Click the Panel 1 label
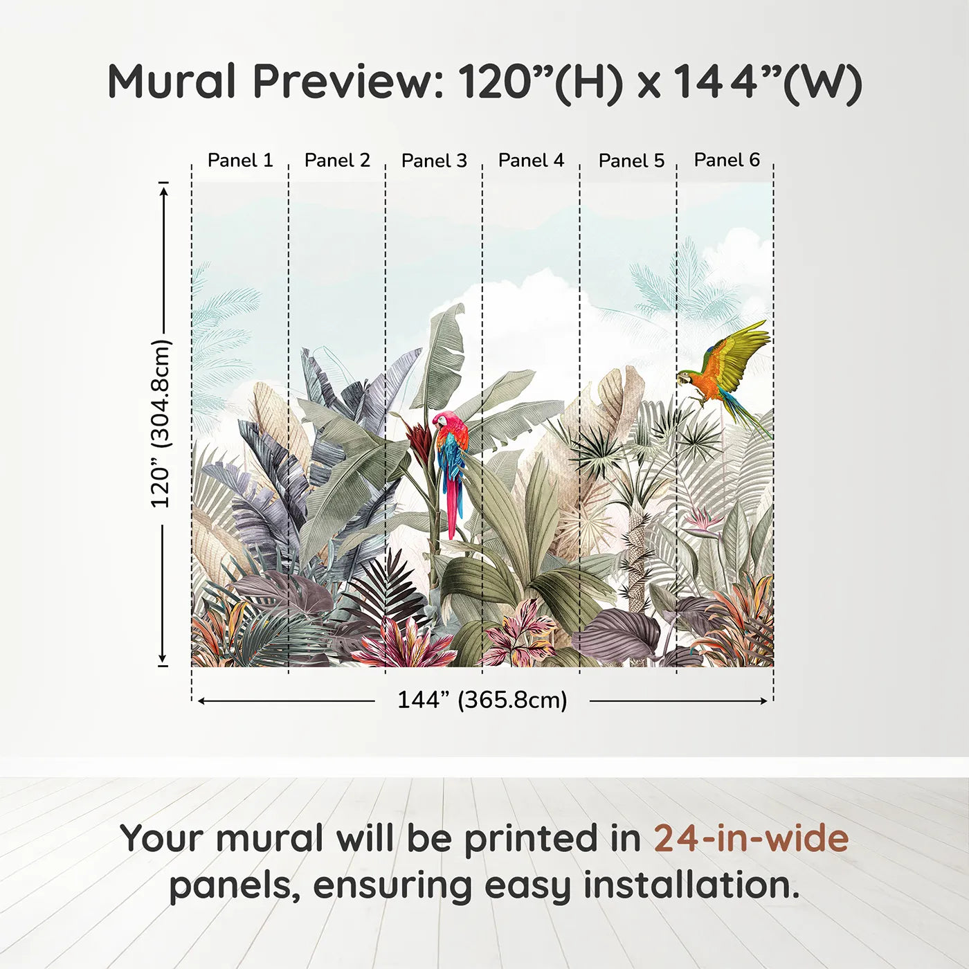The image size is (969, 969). (x=240, y=161)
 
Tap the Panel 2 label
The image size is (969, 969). (x=337, y=161)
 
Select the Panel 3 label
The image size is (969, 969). (x=434, y=161)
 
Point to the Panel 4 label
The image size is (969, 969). (x=531, y=161)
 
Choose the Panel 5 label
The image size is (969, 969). (x=631, y=161)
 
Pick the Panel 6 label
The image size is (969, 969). (x=727, y=160)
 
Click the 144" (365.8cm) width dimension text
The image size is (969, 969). (x=482, y=700)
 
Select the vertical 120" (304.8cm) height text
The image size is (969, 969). (x=161, y=424)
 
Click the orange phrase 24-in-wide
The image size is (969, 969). (x=751, y=838)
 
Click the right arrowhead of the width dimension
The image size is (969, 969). (x=763, y=701)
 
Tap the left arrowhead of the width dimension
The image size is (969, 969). (x=202, y=701)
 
